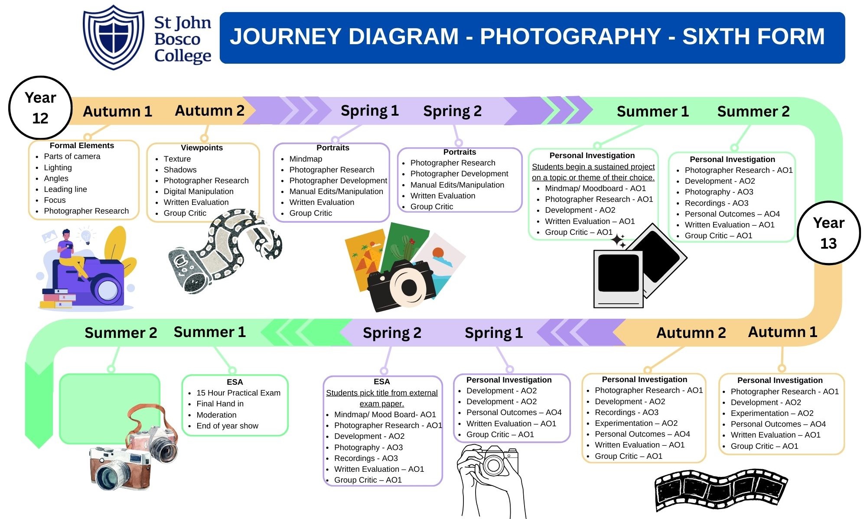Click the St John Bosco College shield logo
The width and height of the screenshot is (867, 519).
114,37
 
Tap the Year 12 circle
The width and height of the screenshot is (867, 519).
40,107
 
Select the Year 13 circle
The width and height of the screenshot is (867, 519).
828,233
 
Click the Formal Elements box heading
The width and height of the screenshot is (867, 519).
81,146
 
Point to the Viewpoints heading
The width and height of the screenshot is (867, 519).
202,148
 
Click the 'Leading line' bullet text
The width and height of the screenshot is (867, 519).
65,189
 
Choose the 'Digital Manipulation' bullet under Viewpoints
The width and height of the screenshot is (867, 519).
198,191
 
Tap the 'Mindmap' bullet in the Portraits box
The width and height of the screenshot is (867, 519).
306,159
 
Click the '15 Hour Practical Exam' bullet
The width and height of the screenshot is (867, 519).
238,393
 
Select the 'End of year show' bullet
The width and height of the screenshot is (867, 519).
227,426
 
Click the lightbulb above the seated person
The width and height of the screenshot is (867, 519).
86,236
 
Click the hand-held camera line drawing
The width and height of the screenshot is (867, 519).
490,477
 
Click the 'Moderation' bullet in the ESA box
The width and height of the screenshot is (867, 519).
216,415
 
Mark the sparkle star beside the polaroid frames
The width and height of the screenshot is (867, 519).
618,240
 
